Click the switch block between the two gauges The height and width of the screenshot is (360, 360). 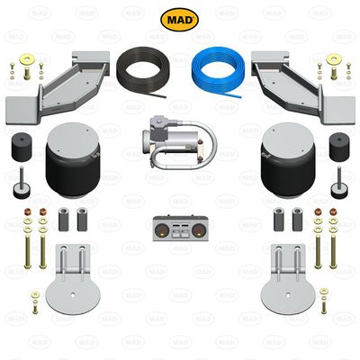point(180,229)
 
